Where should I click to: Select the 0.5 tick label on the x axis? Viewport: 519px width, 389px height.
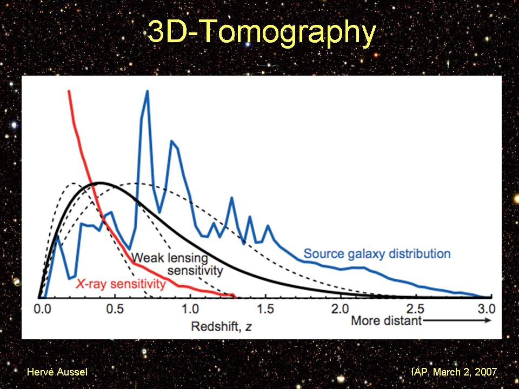click(115, 310)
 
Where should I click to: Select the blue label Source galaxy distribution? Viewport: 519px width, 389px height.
click(377, 253)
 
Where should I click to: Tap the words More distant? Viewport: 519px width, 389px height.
click(386, 321)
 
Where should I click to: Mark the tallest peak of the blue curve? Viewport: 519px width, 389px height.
click(147, 92)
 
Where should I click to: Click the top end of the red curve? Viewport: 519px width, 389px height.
click(69, 91)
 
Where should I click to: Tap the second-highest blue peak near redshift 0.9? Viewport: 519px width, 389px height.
click(171, 141)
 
